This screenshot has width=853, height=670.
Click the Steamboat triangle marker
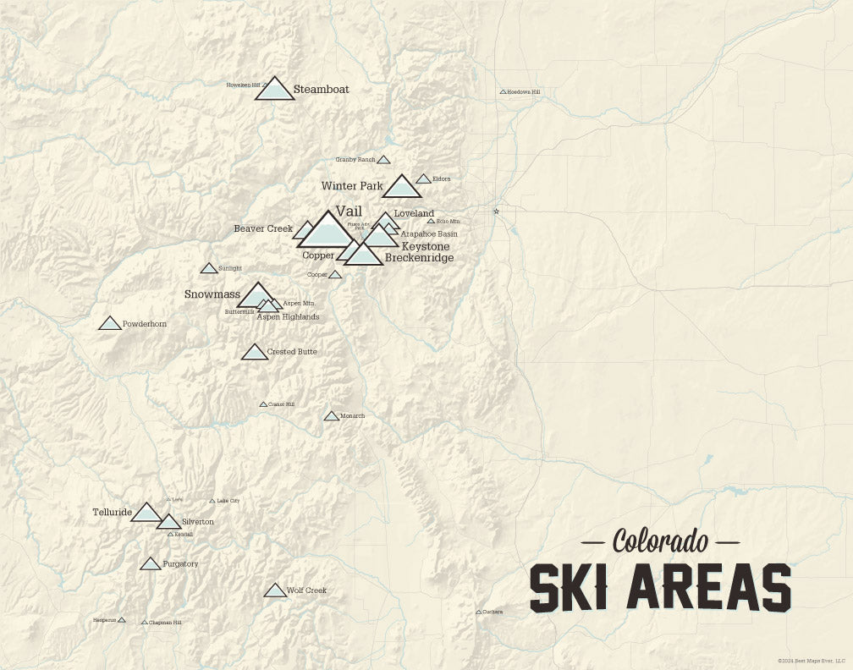(274, 90)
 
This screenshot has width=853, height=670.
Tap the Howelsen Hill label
(242, 85)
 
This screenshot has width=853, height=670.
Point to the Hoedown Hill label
(523, 91)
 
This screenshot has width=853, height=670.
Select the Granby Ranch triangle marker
(383, 160)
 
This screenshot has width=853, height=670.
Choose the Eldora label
(441, 179)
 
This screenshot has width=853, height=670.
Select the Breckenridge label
(419, 257)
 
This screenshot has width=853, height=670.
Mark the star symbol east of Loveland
(497, 211)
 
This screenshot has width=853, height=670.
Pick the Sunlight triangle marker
(209, 269)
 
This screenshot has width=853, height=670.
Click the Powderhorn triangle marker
(109, 324)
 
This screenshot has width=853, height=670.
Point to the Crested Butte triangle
(255, 353)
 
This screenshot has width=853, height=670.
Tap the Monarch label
(352, 416)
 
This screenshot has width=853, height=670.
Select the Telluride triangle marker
(146, 513)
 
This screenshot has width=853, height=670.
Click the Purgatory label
(180, 563)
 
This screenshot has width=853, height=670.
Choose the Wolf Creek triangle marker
(275, 590)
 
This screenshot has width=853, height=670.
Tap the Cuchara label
(493, 612)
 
